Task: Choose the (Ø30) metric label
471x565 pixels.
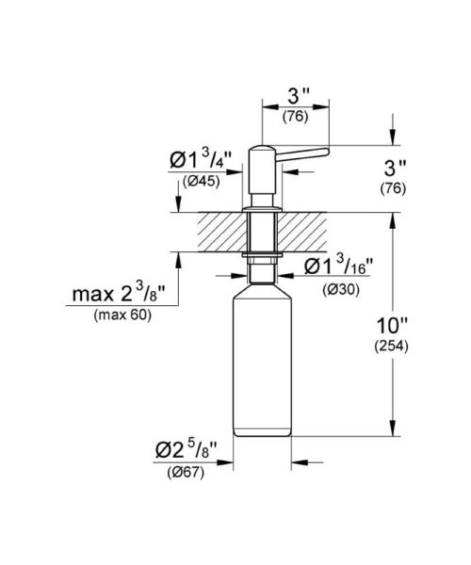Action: pos(338,289)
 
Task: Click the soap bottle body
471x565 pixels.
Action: pos(262,367)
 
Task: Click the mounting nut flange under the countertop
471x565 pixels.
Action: pos(261,255)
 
